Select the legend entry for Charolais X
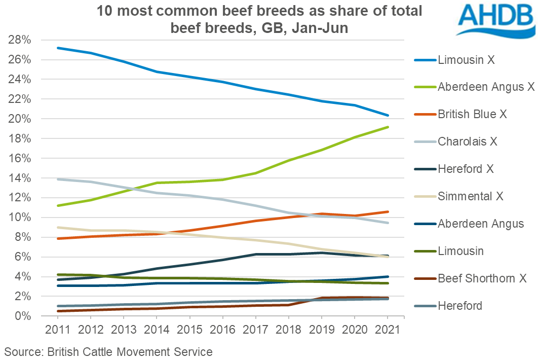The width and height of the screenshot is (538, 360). click(x=467, y=142)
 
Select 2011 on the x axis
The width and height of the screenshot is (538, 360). click(x=58, y=330)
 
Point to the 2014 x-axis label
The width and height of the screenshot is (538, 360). click(x=157, y=330)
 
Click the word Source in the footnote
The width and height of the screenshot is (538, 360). click(x=22, y=351)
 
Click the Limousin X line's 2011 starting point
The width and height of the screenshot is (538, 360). click(x=58, y=48)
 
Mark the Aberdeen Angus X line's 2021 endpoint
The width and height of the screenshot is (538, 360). click(x=388, y=127)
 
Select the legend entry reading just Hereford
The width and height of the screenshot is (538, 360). click(x=459, y=306)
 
